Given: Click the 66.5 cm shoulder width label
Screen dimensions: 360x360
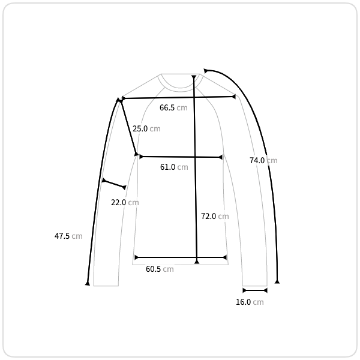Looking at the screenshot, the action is [173, 107].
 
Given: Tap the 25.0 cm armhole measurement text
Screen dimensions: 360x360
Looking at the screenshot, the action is [146, 128].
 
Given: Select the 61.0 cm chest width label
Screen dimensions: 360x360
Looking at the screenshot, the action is [174, 167].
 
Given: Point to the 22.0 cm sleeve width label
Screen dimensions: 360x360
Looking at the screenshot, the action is [125, 203].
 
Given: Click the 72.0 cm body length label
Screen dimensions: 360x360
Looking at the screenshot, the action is [215, 216].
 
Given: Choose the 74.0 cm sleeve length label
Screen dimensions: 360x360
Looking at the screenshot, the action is [263, 160].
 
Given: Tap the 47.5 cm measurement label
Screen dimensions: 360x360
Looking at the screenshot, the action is [68, 236].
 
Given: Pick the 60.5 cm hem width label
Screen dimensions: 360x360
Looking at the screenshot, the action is [160, 269].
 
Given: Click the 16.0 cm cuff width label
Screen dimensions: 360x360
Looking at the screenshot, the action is [250, 302].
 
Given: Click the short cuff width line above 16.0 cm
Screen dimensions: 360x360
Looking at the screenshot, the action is [255, 290].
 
